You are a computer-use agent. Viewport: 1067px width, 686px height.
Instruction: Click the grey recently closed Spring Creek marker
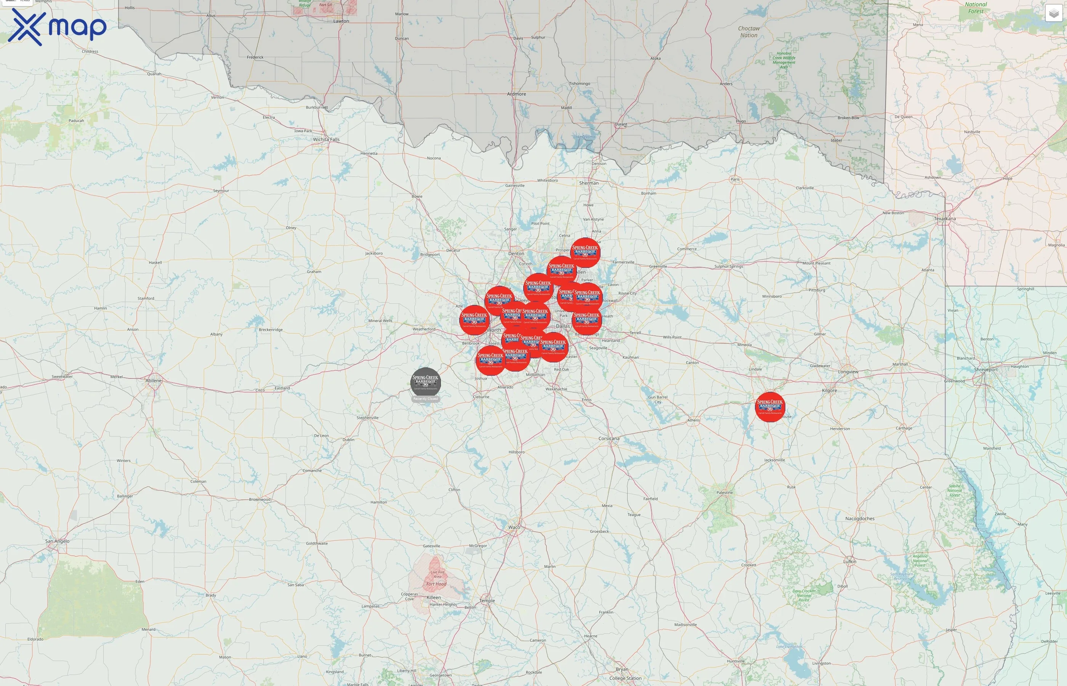425,382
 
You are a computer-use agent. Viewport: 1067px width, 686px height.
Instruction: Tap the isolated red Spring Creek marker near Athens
770,406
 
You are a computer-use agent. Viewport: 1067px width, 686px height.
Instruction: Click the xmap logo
57,27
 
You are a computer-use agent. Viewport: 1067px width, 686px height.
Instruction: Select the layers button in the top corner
1053,13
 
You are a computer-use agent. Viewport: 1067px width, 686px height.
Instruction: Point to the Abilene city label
154,380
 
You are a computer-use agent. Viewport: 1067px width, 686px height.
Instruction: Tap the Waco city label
514,527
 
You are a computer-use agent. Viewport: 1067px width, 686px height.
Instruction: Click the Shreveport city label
985,369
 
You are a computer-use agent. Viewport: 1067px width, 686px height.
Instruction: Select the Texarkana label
945,219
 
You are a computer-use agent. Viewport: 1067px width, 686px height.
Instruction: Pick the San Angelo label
58,541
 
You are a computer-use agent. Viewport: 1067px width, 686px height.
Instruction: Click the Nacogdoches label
859,519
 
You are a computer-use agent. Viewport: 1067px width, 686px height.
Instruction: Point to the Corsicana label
609,438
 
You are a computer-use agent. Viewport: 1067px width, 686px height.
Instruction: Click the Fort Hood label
436,584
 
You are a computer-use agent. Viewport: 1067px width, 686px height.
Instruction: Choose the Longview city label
848,372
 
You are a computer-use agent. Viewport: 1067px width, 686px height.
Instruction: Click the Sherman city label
589,183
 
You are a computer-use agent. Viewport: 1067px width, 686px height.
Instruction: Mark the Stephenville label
367,418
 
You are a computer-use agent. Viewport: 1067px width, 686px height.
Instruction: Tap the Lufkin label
849,561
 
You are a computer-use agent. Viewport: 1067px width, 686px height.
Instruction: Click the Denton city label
516,253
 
